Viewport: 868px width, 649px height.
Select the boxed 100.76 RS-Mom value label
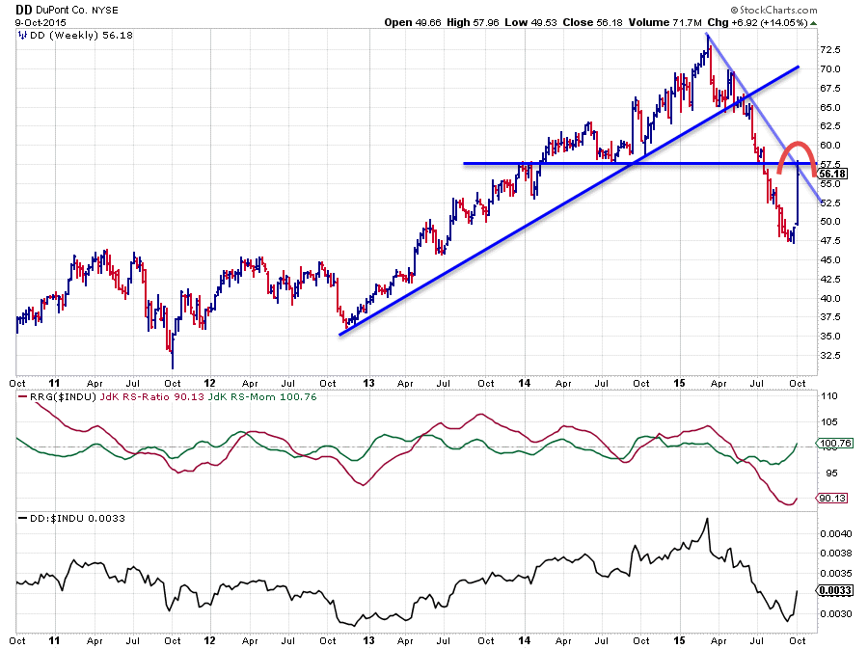[834, 444]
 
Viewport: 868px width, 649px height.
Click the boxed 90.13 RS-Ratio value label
[832, 499]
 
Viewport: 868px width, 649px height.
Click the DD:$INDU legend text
[48, 518]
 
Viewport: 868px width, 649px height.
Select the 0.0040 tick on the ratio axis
[835, 532]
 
